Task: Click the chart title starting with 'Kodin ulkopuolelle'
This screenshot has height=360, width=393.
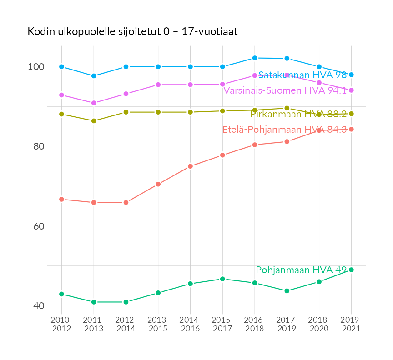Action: (x=132, y=31)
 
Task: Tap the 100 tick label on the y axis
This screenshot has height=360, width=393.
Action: (x=36, y=67)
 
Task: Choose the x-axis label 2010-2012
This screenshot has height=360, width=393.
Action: (x=61, y=324)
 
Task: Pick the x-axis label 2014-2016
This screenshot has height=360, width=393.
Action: (x=190, y=324)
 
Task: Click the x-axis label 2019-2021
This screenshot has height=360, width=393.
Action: (x=351, y=324)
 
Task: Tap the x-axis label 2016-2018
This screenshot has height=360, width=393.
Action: (x=255, y=324)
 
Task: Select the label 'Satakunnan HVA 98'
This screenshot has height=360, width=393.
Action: (x=302, y=75)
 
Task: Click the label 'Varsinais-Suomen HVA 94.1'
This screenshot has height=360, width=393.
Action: (x=285, y=90)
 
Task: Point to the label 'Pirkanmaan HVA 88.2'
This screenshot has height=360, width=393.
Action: (x=298, y=114)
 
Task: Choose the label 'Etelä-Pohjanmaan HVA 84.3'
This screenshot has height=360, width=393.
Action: (x=284, y=130)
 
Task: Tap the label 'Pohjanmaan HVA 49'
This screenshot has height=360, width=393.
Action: (x=301, y=270)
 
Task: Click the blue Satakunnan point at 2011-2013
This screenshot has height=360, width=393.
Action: (x=94, y=76)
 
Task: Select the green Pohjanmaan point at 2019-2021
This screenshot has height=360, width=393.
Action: (x=351, y=270)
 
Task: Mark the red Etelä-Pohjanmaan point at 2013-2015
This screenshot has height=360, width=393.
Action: (x=158, y=184)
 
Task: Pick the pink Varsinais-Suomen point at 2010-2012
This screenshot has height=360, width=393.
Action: (x=61, y=95)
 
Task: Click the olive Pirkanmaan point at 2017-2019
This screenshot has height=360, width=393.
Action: (x=287, y=108)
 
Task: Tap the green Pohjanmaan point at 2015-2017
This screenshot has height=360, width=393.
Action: (x=222, y=279)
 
